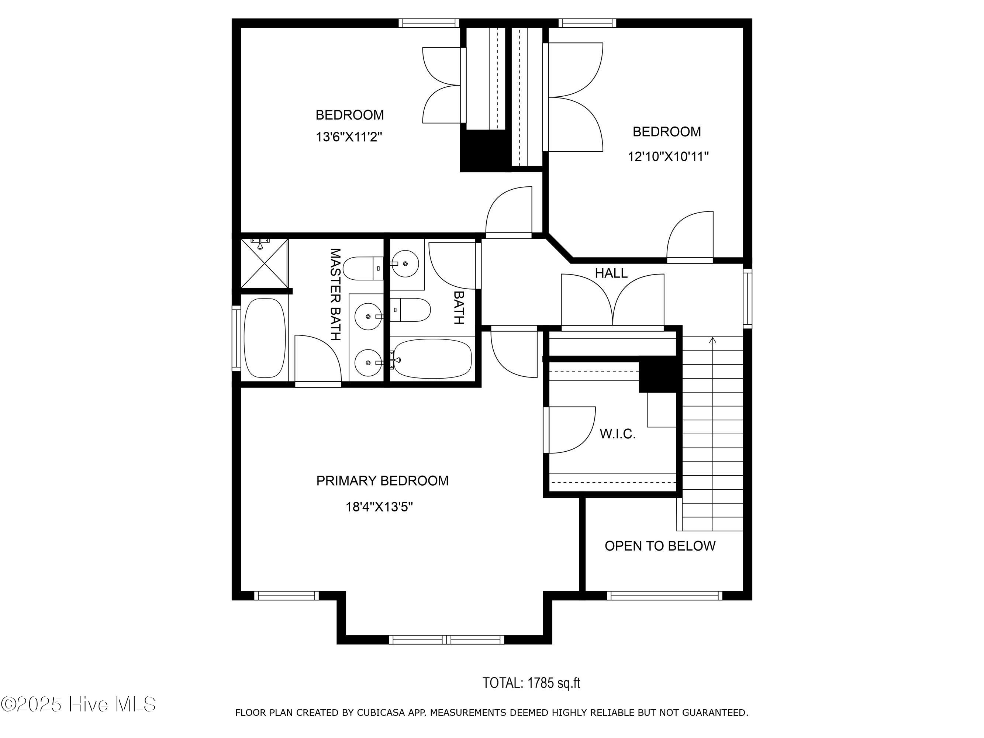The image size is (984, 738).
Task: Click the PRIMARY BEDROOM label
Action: pyautogui.click(x=382, y=481)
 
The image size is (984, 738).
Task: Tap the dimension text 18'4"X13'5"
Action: pyautogui.click(x=379, y=507)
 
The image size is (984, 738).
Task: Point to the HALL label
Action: pyautogui.click(x=611, y=273)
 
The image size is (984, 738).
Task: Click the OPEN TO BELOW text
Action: pyautogui.click(x=660, y=546)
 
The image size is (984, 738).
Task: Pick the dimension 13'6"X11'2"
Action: pyautogui.click(x=349, y=137)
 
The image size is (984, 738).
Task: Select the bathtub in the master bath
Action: pyautogui.click(x=265, y=338)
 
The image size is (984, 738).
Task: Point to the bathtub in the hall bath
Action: pyautogui.click(x=432, y=359)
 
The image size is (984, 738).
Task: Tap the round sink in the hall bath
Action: pyautogui.click(x=405, y=263)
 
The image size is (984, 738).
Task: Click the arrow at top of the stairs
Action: pyautogui.click(x=713, y=340)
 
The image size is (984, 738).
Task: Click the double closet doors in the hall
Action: pyautogui.click(x=612, y=300)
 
